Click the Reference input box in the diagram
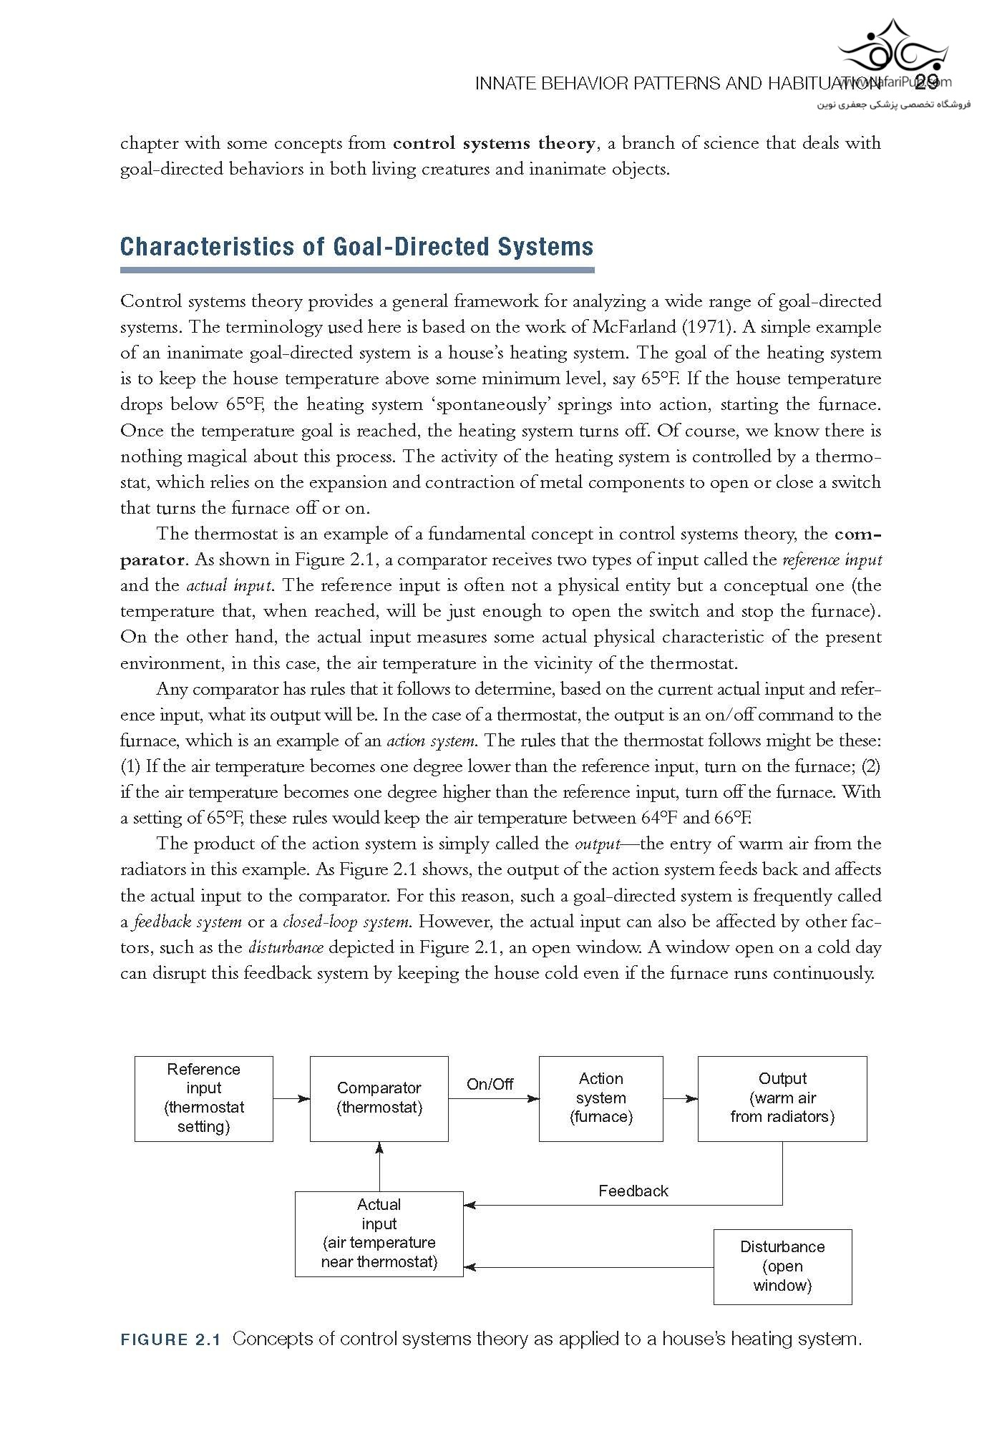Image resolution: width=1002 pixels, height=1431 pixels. (204, 1098)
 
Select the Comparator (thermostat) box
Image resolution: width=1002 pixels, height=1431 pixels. (379, 1098)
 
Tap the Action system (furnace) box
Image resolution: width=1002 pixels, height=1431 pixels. (600, 1098)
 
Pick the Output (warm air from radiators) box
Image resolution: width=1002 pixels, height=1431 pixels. (782, 1098)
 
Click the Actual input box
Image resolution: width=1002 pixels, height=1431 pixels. (379, 1234)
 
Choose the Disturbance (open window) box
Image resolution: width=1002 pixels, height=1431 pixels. (782, 1266)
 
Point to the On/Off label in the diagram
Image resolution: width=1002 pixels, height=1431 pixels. (490, 1085)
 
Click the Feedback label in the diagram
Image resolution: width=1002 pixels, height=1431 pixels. (633, 1191)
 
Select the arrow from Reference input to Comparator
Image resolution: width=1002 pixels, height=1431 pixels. (291, 1098)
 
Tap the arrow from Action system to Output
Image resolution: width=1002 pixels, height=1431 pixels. (680, 1098)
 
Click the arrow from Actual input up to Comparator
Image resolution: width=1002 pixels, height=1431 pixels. (379, 1166)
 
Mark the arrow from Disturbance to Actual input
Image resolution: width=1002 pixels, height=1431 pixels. (587, 1267)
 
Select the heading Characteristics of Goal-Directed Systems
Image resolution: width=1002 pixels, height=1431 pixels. (356, 247)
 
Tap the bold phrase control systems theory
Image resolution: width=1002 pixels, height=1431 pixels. (494, 143)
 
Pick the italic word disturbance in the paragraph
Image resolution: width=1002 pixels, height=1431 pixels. (286, 948)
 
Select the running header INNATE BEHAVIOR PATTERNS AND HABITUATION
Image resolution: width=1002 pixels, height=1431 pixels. (676, 84)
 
